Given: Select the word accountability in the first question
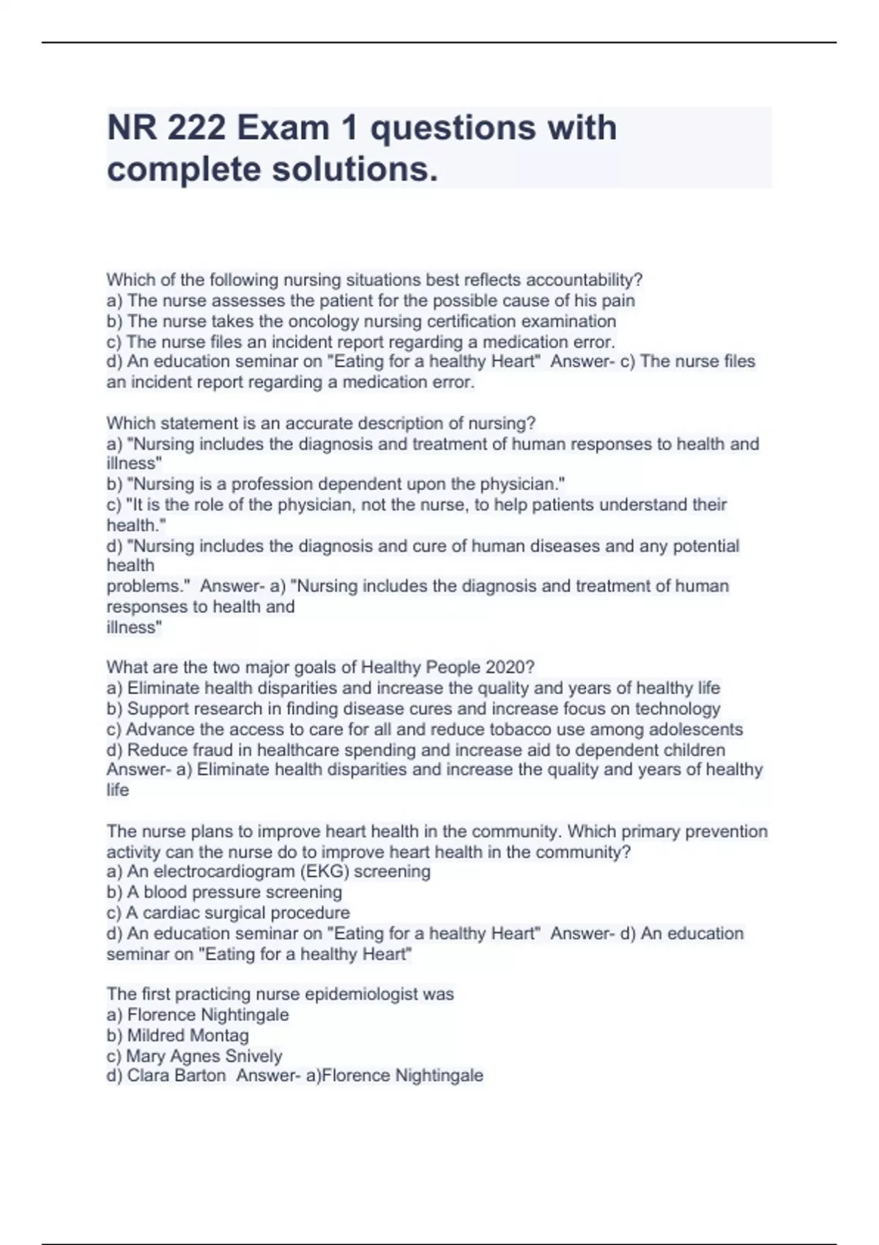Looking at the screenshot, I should [x=582, y=280].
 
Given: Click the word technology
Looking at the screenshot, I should [x=677, y=709].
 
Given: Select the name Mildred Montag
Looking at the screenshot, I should [x=188, y=1036].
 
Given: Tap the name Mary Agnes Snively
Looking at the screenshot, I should [x=204, y=1056].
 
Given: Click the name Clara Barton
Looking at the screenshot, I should [x=176, y=1076].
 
